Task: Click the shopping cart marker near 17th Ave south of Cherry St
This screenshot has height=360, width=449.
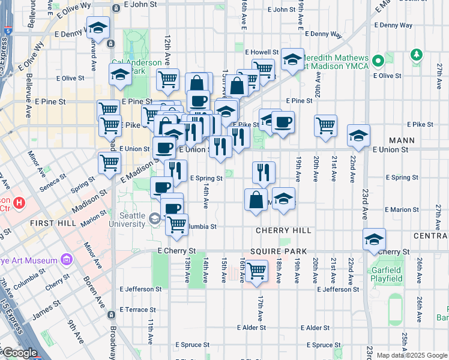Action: click(x=257, y=271)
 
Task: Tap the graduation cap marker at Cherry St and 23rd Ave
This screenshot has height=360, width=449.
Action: click(x=375, y=239)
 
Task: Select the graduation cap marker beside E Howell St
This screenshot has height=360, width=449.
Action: click(x=292, y=59)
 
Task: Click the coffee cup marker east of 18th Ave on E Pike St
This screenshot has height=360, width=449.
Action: click(x=283, y=122)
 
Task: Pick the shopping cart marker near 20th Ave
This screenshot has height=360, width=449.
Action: click(x=325, y=126)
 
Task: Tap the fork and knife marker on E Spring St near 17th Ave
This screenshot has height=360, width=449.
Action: click(x=264, y=172)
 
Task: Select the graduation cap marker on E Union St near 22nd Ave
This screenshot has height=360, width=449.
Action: click(x=358, y=136)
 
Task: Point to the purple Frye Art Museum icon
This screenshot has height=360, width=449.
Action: click(x=66, y=260)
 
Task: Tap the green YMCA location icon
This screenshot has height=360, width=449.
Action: click(x=378, y=61)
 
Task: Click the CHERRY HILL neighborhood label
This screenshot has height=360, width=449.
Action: click(x=283, y=230)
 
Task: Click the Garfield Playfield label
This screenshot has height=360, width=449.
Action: click(x=386, y=274)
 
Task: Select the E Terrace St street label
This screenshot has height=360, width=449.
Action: click(x=137, y=310)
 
